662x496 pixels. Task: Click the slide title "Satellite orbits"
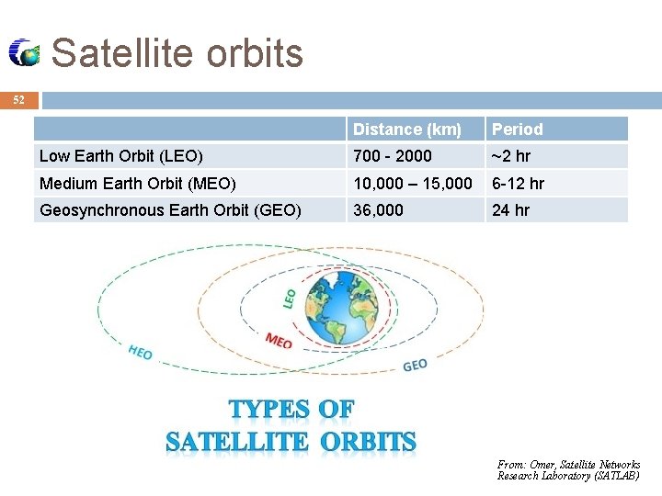[177, 53]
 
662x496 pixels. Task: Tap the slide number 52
[19, 100]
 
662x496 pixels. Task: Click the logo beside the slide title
[25, 53]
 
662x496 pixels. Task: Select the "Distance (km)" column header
[407, 130]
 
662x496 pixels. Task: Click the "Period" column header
[517, 130]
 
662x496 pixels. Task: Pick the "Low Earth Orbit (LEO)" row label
[121, 156]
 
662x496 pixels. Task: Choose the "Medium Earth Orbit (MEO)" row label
[138, 184]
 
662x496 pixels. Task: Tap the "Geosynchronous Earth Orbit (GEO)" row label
[170, 210]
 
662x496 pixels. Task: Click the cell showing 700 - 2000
[392, 156]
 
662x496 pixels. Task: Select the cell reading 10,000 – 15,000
[413, 184]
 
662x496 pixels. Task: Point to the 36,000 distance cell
[378, 210]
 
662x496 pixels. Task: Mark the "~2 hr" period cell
[510, 156]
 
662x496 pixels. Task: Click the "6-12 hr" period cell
[518, 184]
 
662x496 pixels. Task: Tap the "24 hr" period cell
[510, 210]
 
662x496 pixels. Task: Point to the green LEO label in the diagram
[289, 298]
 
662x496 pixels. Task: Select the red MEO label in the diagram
[279, 341]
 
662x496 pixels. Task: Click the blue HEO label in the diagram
[140, 352]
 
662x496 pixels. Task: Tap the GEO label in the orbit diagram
[415, 365]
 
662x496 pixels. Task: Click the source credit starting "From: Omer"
[568, 470]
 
